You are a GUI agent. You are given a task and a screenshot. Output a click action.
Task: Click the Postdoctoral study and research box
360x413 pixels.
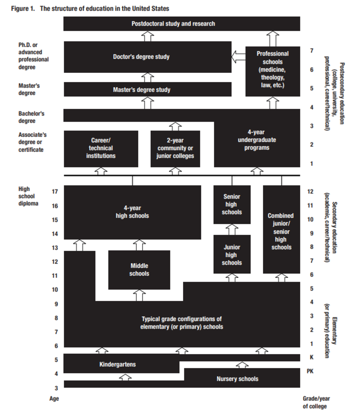click(x=182, y=24)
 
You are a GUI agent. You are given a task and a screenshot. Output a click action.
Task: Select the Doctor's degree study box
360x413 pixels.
click(x=148, y=57)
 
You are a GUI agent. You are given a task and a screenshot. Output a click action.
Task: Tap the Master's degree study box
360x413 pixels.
click(x=148, y=89)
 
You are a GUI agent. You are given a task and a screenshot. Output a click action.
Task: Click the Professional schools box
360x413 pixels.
click(x=273, y=72)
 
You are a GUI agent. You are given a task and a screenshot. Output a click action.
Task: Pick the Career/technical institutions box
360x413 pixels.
click(x=101, y=149)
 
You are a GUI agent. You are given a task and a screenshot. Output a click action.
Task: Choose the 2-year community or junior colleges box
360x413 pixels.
click(x=175, y=149)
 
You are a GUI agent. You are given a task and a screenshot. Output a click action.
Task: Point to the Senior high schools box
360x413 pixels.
click(x=232, y=205)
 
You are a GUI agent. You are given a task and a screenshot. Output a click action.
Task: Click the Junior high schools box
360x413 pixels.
click(x=232, y=254)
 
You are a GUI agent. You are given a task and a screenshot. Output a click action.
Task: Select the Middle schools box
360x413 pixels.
click(x=139, y=270)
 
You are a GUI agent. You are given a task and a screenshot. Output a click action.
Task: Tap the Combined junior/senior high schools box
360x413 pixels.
click(x=282, y=230)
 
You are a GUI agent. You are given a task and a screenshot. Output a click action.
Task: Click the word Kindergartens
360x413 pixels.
click(x=118, y=364)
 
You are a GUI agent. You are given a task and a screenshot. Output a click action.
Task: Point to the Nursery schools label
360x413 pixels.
click(x=237, y=379)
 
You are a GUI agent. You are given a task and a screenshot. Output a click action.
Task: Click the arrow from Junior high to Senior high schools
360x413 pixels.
click(x=232, y=230)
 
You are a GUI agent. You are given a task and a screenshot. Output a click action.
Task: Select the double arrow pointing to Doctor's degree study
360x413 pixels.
click(x=239, y=57)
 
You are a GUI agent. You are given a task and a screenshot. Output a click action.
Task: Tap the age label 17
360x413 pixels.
click(x=55, y=191)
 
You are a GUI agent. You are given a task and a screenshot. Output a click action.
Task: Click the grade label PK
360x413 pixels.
click(x=310, y=371)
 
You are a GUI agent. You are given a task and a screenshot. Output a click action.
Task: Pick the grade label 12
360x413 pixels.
click(x=310, y=191)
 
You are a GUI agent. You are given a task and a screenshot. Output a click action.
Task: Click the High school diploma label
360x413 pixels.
click(x=28, y=196)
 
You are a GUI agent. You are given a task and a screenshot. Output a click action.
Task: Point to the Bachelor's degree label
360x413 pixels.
click(x=31, y=117)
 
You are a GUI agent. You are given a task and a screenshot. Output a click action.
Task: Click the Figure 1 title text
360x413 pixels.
click(x=90, y=9)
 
